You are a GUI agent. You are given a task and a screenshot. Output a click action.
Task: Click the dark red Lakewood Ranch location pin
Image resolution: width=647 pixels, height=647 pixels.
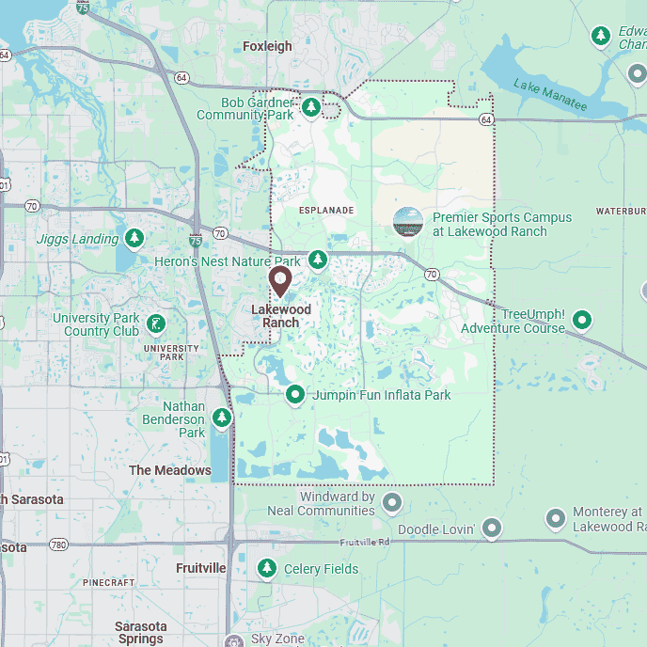[x=279, y=281]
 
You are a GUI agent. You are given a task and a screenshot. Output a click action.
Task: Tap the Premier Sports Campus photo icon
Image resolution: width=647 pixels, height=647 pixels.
[x=408, y=223]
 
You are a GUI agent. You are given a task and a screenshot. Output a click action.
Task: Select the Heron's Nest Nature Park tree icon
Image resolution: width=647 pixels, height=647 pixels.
[x=318, y=259]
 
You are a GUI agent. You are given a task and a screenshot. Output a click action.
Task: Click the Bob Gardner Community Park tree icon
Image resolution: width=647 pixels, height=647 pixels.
[x=311, y=107]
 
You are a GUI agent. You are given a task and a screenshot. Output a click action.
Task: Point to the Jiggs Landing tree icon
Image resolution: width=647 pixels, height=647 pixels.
[x=134, y=238]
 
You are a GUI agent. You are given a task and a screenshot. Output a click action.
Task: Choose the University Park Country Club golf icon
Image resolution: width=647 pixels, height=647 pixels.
[x=156, y=324]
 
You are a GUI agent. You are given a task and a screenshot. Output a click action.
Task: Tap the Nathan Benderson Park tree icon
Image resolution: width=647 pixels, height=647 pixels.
[x=222, y=417]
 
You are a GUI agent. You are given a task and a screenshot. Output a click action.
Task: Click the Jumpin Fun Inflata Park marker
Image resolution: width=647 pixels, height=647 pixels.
[x=295, y=394]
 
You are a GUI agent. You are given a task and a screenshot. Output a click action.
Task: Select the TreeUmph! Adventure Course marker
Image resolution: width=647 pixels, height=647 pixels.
[x=582, y=320]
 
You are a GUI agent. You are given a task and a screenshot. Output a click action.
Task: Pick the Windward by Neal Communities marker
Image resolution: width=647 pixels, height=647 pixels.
[x=391, y=503]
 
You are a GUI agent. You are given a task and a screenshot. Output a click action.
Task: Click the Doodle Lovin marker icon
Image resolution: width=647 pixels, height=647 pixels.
[x=491, y=529]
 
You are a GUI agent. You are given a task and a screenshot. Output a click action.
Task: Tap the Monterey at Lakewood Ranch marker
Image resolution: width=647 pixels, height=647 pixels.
[x=556, y=518]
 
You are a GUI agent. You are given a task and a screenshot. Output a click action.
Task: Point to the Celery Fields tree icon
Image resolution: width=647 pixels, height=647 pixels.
[x=268, y=568]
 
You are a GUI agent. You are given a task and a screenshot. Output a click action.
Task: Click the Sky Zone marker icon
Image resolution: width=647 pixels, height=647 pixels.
[x=234, y=639]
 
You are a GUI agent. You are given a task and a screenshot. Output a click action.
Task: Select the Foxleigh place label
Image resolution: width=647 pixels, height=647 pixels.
[x=267, y=46]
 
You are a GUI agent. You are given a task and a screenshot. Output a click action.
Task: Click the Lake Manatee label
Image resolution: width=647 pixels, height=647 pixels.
[x=550, y=96]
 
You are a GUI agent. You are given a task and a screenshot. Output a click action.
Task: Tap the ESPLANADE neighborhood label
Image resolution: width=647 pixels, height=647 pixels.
[x=326, y=211]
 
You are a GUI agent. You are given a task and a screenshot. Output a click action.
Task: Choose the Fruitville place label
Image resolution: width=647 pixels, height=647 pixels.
[x=201, y=568]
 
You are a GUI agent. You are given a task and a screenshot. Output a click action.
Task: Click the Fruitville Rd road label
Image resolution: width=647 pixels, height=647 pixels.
[x=365, y=543]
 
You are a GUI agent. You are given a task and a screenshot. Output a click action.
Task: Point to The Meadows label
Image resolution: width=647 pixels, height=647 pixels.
[x=170, y=470]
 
